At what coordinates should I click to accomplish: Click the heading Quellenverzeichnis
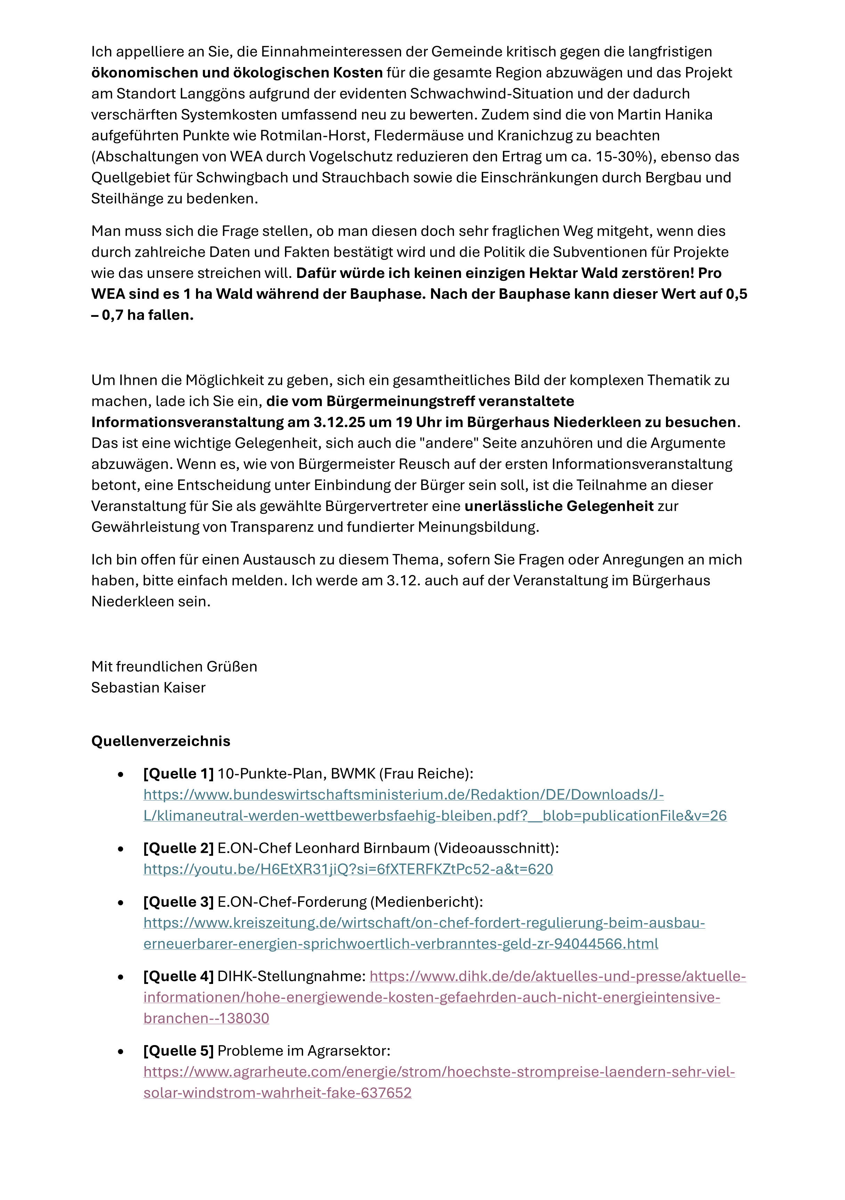pyautogui.click(x=161, y=741)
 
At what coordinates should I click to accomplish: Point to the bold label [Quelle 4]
pyautogui.click(x=178, y=976)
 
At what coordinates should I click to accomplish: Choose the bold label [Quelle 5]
pyautogui.click(x=178, y=1051)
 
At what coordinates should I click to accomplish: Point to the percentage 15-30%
pyautogui.click(x=623, y=156)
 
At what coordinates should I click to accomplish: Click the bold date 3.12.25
pyautogui.click(x=340, y=422)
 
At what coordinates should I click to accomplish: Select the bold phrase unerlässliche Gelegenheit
pyautogui.click(x=559, y=506)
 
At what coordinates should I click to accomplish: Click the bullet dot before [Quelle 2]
pyautogui.click(x=121, y=849)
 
